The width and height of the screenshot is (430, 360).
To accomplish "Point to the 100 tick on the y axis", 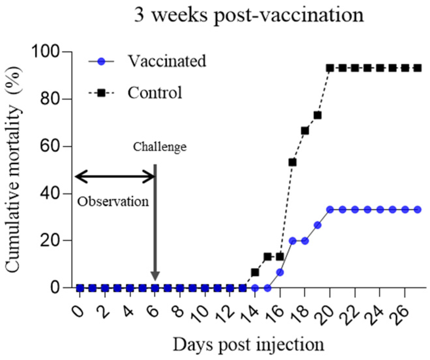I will (x=45, y=52).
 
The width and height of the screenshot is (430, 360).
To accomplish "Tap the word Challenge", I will (x=160, y=147).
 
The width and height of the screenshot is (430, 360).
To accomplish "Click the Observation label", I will (x=113, y=202).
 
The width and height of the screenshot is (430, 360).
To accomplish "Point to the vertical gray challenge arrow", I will (x=155, y=222).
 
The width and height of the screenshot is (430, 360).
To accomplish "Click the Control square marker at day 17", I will (x=292, y=162).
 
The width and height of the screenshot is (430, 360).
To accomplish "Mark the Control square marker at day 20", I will (x=330, y=68).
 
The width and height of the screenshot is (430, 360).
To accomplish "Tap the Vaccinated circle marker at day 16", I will (x=280, y=272).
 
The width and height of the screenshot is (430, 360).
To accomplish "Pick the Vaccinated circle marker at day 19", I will (x=318, y=225).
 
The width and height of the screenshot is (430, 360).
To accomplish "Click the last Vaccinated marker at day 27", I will (x=418, y=210).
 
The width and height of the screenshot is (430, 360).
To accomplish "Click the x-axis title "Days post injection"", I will (x=248, y=344).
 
